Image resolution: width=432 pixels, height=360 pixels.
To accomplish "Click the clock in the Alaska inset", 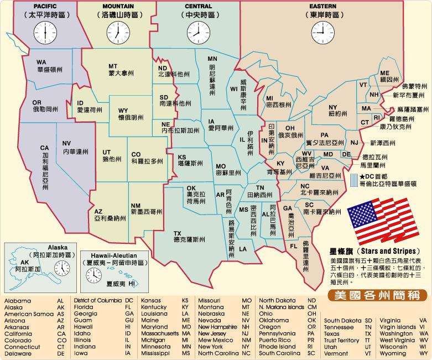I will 62,268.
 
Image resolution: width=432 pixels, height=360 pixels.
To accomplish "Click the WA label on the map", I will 41,62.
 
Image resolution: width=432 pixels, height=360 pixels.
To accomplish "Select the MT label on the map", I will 113,66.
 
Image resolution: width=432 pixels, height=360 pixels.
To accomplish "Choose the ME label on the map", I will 385,74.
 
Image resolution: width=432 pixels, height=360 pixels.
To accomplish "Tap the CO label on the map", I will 137,155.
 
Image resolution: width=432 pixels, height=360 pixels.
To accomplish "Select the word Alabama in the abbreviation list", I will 18,301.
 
